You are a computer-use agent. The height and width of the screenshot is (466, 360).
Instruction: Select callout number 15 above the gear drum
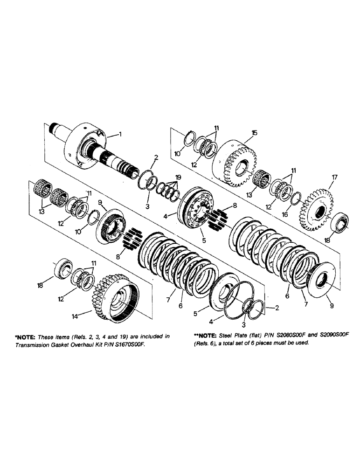(254, 133)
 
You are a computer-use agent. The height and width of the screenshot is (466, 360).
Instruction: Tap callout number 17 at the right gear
(334, 178)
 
